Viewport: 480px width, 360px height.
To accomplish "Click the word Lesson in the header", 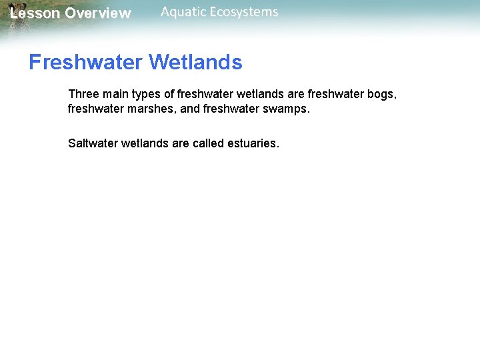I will [34, 13].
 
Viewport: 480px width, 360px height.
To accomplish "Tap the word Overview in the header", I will [98, 13].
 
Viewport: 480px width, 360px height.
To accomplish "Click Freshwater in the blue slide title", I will [86, 63].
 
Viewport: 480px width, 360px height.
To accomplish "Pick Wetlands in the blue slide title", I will [196, 63].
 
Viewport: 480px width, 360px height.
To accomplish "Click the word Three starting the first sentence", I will [83, 95].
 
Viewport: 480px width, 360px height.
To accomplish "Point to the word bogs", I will [382, 95].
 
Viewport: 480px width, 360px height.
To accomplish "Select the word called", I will [212, 143].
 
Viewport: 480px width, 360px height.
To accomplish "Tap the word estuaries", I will [255, 143].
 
